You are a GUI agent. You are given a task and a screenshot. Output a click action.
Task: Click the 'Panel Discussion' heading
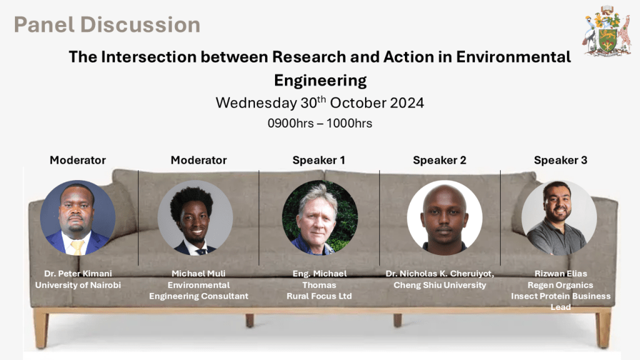click(x=107, y=24)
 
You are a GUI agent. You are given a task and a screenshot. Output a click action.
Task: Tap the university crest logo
click(x=606, y=31)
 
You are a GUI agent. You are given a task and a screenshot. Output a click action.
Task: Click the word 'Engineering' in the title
click(x=320, y=81)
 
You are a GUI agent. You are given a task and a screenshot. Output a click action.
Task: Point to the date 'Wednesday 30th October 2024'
click(x=320, y=102)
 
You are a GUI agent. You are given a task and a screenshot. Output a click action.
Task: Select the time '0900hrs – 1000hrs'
click(x=320, y=123)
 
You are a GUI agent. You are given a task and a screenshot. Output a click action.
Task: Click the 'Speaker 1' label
click(x=319, y=160)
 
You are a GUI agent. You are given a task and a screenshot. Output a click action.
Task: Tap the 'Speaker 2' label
click(x=439, y=160)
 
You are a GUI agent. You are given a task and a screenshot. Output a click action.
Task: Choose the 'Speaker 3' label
click(x=561, y=160)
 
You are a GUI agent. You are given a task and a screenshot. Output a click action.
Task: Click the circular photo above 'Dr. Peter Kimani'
click(x=77, y=217)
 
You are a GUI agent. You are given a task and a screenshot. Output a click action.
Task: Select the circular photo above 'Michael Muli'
click(x=195, y=217)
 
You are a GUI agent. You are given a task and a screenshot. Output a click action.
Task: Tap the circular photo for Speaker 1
click(x=320, y=217)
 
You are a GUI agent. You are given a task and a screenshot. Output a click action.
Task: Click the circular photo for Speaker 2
click(x=444, y=217)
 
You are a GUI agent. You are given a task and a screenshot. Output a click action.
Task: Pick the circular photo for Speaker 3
click(x=559, y=217)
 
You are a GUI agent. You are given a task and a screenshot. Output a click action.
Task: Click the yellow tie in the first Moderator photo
click(x=77, y=247)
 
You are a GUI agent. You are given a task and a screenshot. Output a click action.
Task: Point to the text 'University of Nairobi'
click(x=78, y=285)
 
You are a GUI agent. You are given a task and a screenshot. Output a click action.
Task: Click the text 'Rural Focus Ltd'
click(x=319, y=296)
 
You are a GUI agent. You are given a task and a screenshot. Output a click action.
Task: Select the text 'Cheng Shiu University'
click(x=439, y=285)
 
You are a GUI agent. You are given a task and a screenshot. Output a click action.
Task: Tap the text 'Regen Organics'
click(x=561, y=285)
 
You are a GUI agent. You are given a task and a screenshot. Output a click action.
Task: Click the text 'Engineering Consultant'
click(x=199, y=296)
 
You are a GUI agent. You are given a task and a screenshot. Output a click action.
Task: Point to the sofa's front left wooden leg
click(x=41, y=329)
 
